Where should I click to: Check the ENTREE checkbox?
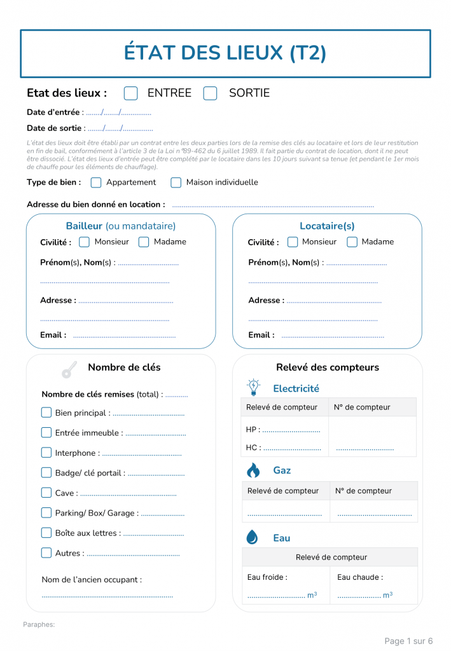click(130, 93)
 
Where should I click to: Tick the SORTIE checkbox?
click(210, 93)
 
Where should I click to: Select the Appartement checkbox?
click(96, 182)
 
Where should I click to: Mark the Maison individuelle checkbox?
click(176, 182)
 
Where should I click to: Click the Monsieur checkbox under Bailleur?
click(84, 242)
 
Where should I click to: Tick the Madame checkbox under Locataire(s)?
click(352, 242)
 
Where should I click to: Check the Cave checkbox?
click(46, 493)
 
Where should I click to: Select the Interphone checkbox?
click(46, 453)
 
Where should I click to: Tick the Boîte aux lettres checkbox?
click(46, 533)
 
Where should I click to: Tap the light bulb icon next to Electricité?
click(253, 387)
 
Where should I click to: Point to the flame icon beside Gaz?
click(253, 470)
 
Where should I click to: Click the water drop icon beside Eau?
click(253, 538)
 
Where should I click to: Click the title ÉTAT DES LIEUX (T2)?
click(225, 53)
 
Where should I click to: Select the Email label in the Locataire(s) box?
click(261, 335)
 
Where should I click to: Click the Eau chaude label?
click(360, 577)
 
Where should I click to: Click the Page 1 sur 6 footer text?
click(408, 641)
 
